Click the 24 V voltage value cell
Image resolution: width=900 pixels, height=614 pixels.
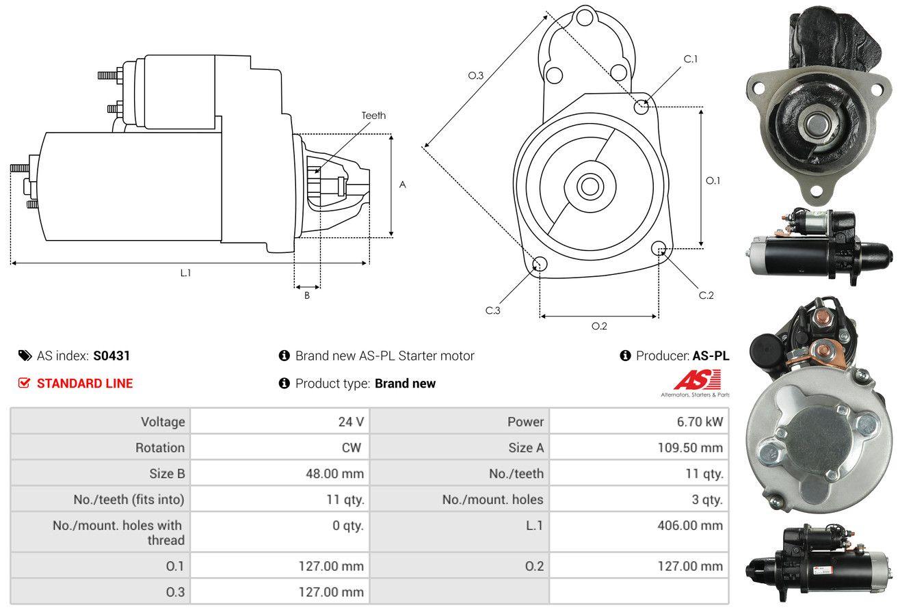[x=351, y=422]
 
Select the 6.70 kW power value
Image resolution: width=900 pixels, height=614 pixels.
[x=700, y=422]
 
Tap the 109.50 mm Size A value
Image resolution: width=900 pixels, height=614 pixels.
[x=690, y=448]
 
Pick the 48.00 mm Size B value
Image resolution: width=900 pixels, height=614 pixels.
[x=334, y=473]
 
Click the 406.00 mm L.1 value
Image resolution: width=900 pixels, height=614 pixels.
[x=690, y=525]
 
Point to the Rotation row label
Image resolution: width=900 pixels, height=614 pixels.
[x=160, y=448]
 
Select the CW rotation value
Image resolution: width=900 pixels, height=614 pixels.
[x=351, y=448]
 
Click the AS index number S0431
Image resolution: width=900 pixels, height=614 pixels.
[x=111, y=356]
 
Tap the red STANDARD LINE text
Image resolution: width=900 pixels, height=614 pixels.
[x=85, y=384]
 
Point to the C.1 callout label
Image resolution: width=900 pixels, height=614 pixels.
[x=690, y=59]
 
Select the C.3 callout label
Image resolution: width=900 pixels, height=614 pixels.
[x=492, y=310]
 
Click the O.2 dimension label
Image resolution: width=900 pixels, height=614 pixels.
[x=599, y=326]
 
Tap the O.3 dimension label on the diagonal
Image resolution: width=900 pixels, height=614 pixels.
[x=476, y=75]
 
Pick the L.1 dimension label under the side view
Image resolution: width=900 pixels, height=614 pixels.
[x=185, y=273]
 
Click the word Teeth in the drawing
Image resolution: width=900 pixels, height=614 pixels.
[x=373, y=116]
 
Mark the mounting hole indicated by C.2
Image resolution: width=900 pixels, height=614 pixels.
[x=658, y=248]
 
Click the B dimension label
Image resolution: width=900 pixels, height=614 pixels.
[x=307, y=295]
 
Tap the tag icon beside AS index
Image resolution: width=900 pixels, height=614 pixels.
[x=25, y=356]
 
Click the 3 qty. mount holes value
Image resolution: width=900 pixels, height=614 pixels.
[x=707, y=500]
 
